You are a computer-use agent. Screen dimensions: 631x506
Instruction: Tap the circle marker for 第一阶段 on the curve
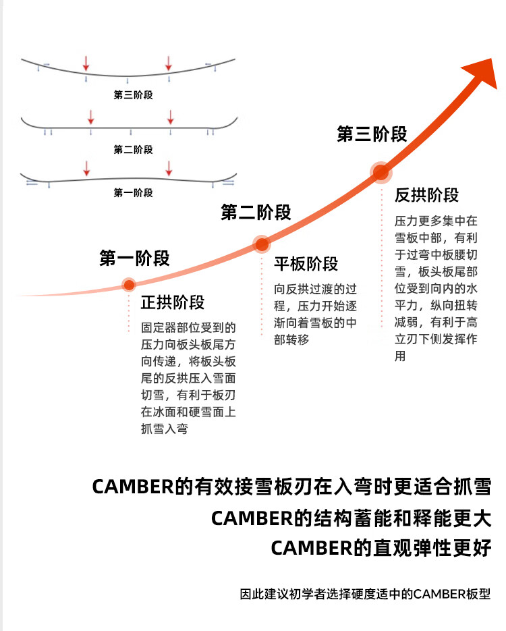129,284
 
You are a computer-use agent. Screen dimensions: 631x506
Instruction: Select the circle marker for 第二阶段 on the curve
261,244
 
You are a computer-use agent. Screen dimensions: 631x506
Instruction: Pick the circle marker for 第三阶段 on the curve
381,173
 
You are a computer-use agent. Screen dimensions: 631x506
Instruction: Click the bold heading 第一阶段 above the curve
134,258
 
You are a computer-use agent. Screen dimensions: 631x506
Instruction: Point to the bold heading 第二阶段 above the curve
256,213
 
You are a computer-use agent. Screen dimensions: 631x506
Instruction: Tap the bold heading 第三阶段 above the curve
372,134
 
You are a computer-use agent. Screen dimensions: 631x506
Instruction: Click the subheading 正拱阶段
173,302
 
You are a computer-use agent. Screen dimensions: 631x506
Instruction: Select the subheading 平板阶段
306,264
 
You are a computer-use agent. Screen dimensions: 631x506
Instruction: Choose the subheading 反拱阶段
426,195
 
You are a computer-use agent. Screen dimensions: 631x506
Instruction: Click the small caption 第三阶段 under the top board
133,95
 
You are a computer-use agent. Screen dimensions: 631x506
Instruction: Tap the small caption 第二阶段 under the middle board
133,149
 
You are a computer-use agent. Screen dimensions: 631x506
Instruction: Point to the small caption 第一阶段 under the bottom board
133,193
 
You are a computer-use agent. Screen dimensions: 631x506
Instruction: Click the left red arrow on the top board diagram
86,63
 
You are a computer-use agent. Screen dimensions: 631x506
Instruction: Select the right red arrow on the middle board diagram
171,116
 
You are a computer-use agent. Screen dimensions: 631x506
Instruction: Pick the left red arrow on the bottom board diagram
86,167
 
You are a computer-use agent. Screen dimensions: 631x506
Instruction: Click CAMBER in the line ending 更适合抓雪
132,487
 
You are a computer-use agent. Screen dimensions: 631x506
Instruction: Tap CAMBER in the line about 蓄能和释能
252,518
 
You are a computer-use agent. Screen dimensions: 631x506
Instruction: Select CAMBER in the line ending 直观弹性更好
312,549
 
